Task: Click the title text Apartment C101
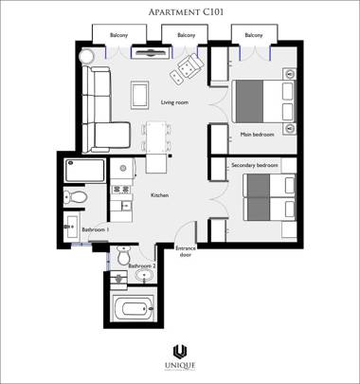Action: tap(179, 12)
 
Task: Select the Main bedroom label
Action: tap(257, 135)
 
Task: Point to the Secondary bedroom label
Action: tap(255, 165)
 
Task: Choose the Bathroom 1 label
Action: tap(95, 229)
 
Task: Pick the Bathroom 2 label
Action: tap(141, 266)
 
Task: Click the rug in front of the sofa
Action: tap(139, 94)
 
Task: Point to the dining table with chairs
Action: tap(154, 137)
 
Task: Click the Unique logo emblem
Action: tap(179, 354)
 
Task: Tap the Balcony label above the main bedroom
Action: tap(254, 35)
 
